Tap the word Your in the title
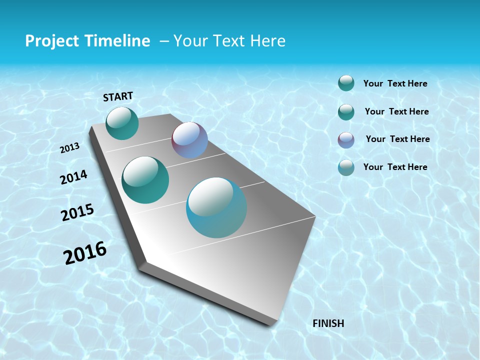point(189,41)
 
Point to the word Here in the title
point(267,41)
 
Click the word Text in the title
point(227,41)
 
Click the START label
point(118,96)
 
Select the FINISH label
point(328,323)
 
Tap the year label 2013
point(70,148)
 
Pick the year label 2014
point(74,177)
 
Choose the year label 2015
point(77,212)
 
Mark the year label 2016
point(85,252)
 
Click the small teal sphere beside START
point(122,123)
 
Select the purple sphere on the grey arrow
point(189,140)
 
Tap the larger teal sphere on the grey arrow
point(145,180)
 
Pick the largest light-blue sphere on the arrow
point(216,207)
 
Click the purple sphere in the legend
point(346,140)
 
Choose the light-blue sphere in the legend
point(346,167)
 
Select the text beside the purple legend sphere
point(397,139)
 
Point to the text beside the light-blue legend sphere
point(395,167)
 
